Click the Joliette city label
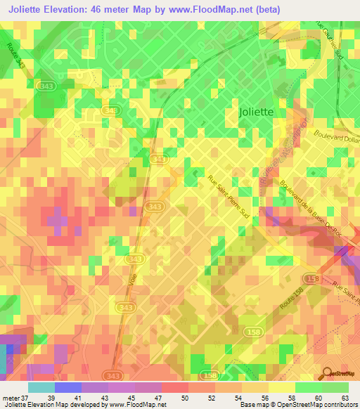coord(257,111)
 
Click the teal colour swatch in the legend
coord(41,387)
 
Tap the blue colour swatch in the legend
coord(67,387)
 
